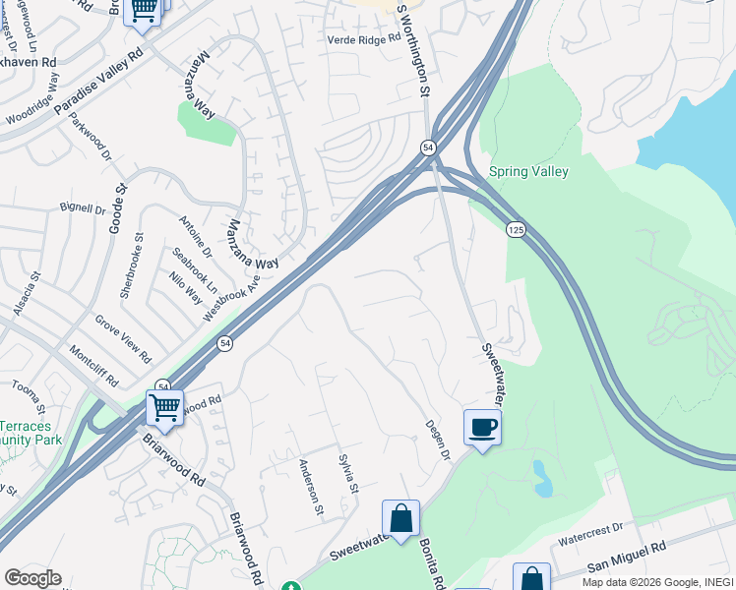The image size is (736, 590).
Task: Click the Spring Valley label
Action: point(529,171)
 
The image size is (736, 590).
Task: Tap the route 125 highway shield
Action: point(516,229)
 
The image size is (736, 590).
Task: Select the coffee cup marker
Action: point(481,428)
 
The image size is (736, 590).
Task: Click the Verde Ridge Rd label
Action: point(364,38)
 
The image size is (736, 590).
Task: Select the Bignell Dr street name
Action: point(82,208)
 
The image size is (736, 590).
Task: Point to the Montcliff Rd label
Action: point(93,367)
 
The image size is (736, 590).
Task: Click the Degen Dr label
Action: point(437,439)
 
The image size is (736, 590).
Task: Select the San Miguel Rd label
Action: point(628,558)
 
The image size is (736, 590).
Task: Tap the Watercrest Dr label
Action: point(590,529)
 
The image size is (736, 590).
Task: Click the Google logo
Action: point(32,578)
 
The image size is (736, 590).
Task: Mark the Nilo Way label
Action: point(185,290)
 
